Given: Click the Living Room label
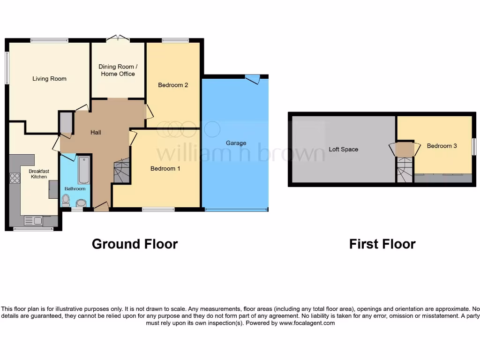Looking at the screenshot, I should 49,79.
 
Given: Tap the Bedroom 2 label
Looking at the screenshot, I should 173,85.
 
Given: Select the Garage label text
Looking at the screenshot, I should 236,143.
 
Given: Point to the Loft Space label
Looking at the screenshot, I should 343,149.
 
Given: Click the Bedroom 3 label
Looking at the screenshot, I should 442,146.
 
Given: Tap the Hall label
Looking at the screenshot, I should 96,133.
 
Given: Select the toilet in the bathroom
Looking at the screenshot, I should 66,201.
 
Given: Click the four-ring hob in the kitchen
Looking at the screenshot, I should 15,178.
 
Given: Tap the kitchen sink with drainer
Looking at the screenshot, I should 33,220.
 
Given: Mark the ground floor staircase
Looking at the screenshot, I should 121,171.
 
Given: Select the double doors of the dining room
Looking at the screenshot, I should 117,38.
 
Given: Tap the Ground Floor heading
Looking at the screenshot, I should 135,244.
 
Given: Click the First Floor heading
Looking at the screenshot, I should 382,244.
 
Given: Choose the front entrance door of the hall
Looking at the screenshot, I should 101,207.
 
